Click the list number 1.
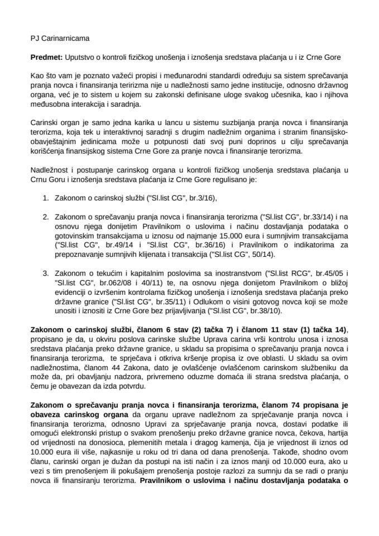pyautogui.click(x=46, y=182)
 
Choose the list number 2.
pyautogui.click(x=46, y=201)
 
